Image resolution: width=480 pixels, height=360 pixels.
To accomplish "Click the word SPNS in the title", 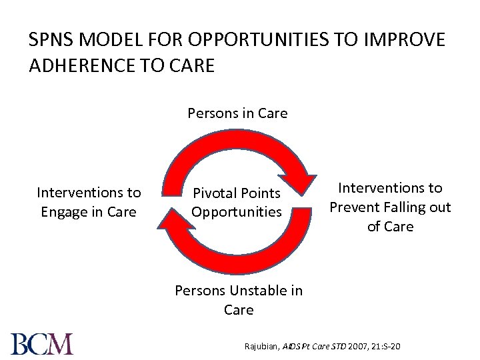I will coord(53,41).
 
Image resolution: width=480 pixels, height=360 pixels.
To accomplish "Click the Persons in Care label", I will coord(237,113).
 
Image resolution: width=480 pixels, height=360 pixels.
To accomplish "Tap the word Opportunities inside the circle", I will coord(237,212).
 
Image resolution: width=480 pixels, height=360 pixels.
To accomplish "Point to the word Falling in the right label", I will coord(403,207).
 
